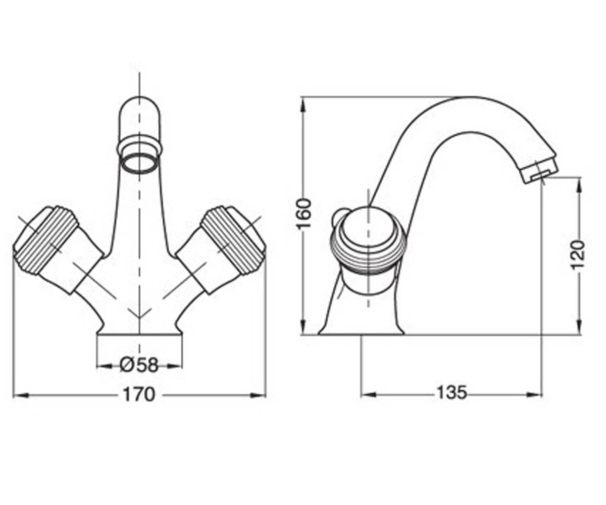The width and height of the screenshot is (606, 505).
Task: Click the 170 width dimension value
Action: click(139, 395)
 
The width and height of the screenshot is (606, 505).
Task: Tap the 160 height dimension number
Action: click(305, 214)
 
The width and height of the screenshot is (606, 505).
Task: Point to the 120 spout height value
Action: click(578, 255)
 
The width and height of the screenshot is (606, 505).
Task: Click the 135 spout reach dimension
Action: click(452, 393)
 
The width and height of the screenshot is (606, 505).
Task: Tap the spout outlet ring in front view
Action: click(139, 164)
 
